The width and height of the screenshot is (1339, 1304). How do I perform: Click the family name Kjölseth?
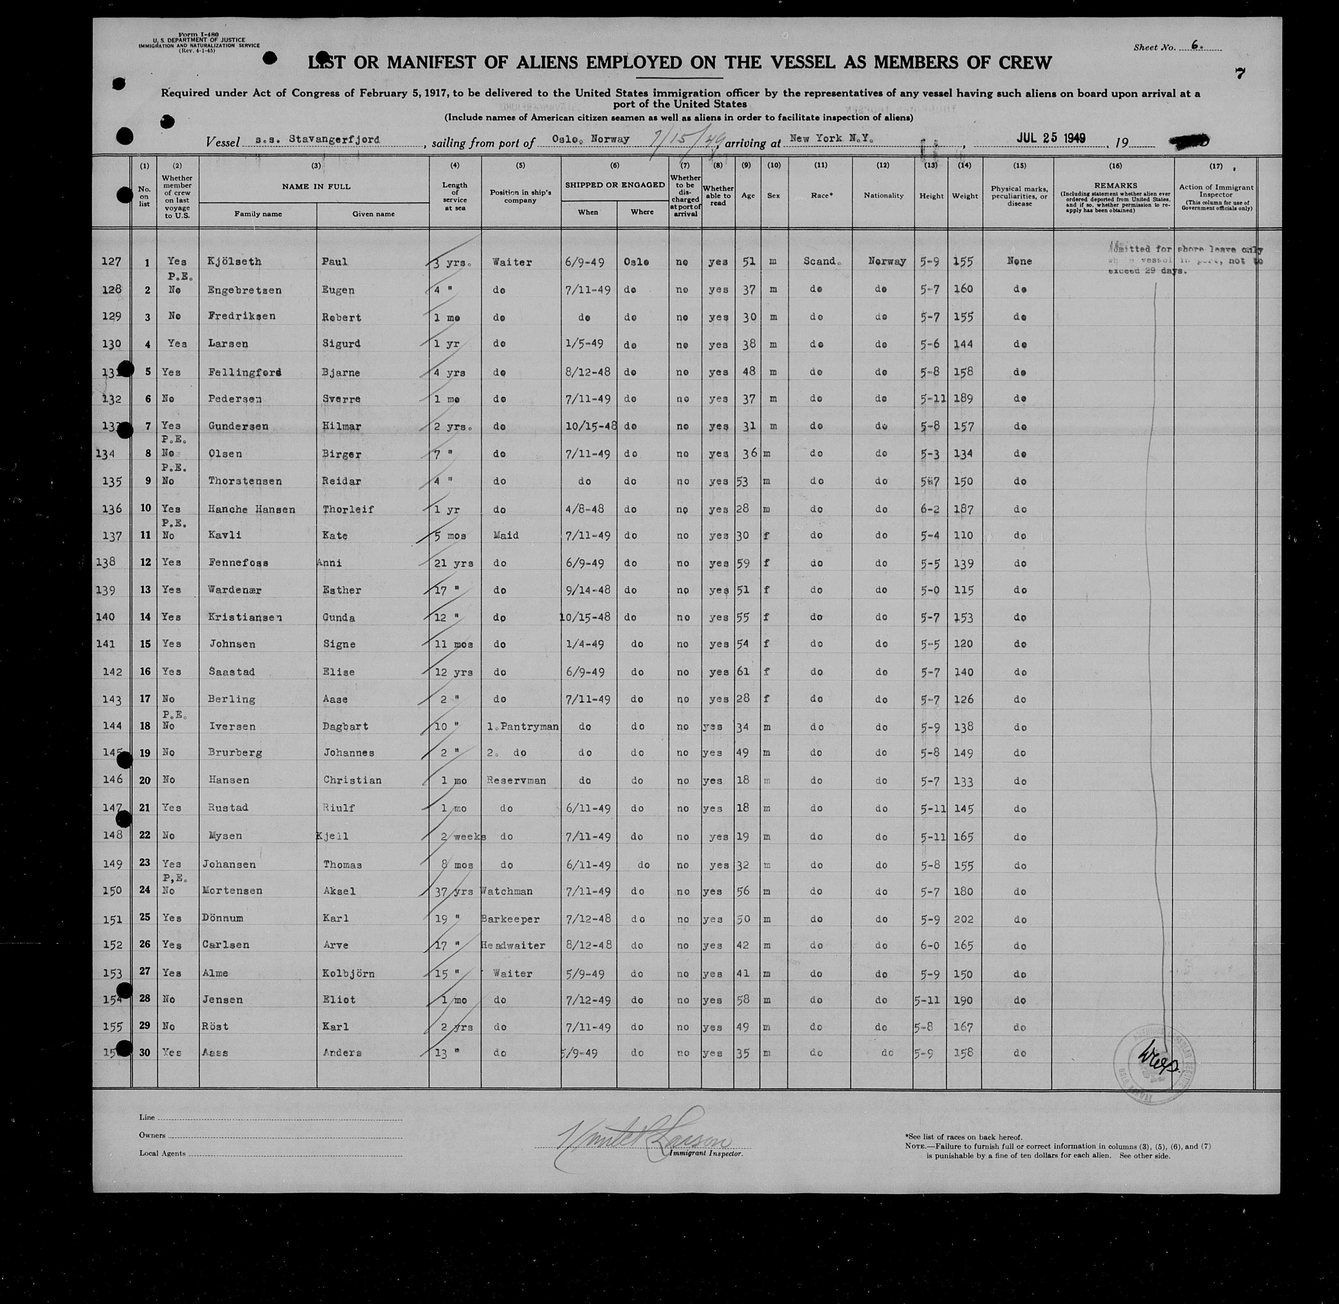point(234,261)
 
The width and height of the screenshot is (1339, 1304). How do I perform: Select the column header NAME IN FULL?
point(316,186)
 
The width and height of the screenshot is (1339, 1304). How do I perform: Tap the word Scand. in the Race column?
point(819,261)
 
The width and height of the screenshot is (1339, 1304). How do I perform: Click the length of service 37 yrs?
point(454,891)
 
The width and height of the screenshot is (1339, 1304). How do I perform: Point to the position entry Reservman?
point(516,780)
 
